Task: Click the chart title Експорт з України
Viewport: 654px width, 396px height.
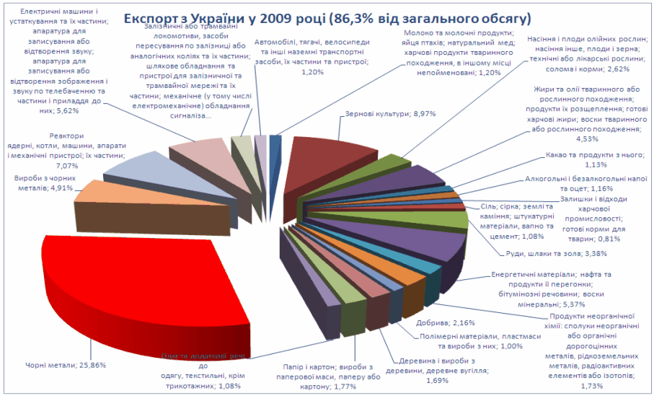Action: (327, 17)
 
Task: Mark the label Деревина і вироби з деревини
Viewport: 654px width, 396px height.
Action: (443, 366)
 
